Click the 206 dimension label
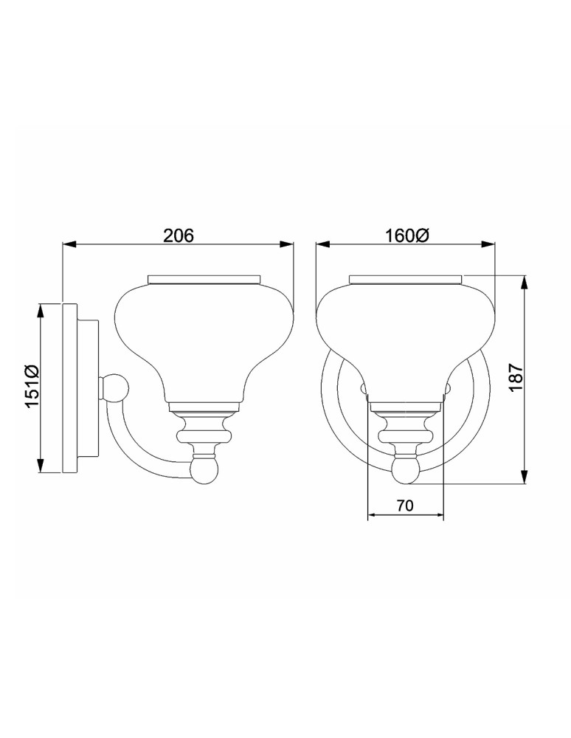click(178, 235)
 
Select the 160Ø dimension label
click(406, 235)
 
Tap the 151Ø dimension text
click(30, 388)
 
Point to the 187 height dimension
click(516, 378)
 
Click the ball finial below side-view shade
click(204, 470)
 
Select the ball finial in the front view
click(406, 470)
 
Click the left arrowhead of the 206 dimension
click(67, 245)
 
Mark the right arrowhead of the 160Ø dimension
click(490, 245)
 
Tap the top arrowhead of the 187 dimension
click(525, 280)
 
